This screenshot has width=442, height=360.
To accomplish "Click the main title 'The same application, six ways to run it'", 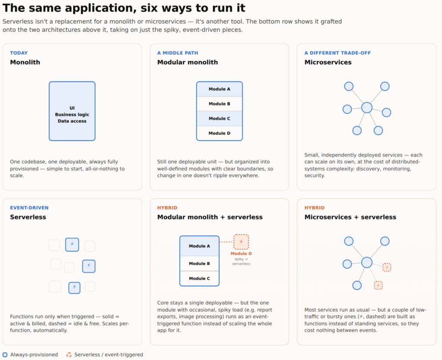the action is pos(124,8).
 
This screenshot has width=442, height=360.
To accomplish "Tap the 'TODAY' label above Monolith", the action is pos(19,53).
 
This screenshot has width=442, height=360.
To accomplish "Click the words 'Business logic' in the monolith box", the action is pos(72,114).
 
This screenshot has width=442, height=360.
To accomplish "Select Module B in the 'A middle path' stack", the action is pos(219,104).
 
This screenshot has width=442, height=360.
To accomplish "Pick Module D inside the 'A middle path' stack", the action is pos(219,133).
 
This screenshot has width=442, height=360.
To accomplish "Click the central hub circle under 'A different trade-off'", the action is pos(367,107).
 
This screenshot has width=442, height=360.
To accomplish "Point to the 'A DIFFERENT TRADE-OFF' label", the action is pos(338,53).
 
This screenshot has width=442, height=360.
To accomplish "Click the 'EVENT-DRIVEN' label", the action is pos(29,208).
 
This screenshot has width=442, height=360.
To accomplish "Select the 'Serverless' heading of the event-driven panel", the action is pos(28,217).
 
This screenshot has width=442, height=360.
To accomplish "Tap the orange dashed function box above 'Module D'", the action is pos(241,242).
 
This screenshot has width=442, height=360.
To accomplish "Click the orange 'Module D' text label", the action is pos(241,253).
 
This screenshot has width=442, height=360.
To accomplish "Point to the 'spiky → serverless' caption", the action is pos(241,261).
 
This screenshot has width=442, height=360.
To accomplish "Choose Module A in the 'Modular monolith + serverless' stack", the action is pos(199,246).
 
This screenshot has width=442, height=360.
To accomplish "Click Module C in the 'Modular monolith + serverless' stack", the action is pos(199,278).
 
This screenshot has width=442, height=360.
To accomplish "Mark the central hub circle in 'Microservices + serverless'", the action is pos(367,262).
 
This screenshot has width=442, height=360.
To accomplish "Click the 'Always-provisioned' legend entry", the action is pos(30,355).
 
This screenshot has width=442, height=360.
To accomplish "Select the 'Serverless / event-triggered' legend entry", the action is pos(104,355).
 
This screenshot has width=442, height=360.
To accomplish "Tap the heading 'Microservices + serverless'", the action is pos(350,217).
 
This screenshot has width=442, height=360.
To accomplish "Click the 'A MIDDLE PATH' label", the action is pos(177,53).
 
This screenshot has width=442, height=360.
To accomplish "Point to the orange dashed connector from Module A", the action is pos(226,242).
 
